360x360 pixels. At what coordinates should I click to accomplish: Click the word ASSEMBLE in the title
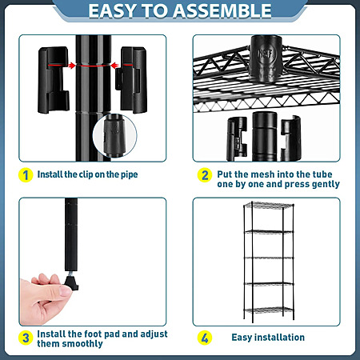222,11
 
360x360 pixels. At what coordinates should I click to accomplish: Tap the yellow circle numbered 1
26,175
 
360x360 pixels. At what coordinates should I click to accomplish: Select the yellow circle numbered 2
205,175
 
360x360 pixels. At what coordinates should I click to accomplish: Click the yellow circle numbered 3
26,338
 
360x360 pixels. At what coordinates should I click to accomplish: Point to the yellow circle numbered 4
205,338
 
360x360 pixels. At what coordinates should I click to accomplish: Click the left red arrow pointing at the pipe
62,66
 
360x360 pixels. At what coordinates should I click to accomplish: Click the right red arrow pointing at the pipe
122,66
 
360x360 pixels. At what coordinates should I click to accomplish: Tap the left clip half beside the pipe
54,80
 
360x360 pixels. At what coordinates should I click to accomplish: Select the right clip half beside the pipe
131,79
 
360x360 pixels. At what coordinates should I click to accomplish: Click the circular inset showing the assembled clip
114,135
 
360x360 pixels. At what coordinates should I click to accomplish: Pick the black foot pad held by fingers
71,283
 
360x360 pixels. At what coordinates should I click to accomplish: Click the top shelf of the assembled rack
269,206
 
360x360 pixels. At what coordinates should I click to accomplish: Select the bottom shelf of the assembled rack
269,310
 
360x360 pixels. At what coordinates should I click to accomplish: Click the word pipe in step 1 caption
130,174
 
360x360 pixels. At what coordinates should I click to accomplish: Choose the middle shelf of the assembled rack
269,258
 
